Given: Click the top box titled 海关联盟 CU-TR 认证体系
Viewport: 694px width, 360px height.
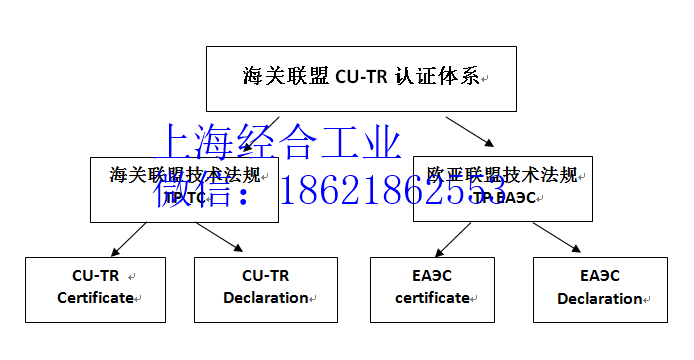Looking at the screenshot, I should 360,77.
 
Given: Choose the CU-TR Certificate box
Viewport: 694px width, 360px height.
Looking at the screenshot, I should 95,289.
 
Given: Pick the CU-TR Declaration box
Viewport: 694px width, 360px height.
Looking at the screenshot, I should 266,289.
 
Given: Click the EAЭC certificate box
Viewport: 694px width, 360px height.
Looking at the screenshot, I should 433,289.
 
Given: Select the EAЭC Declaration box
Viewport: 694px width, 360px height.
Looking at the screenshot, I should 600,289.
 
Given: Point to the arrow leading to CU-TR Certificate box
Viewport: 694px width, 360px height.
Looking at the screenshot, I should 124,238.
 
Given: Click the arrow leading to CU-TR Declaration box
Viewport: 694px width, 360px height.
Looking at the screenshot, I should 219,238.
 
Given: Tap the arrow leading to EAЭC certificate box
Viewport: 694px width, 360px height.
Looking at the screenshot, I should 451,238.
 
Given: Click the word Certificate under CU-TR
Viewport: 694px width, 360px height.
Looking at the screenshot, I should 95,298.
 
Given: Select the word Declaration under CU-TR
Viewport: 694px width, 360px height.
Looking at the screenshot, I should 266,298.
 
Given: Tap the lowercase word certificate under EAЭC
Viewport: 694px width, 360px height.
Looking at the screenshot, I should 432,298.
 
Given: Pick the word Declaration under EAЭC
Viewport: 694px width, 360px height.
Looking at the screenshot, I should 599,299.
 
